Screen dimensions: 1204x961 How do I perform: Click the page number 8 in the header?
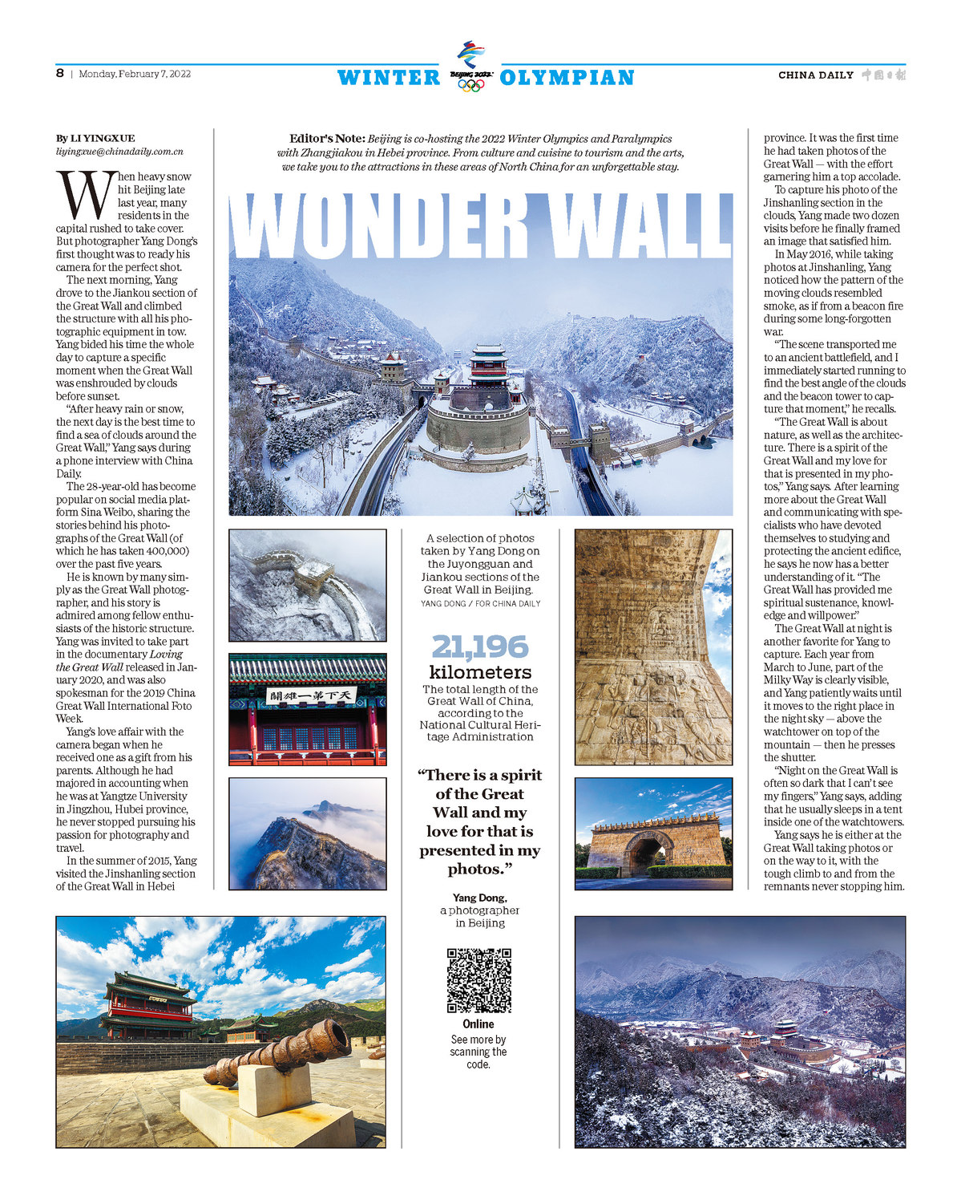click(x=60, y=73)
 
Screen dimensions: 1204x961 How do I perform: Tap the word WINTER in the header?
click(x=389, y=78)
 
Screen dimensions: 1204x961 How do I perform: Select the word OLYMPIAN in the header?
click(x=567, y=78)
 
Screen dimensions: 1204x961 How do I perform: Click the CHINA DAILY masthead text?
click(x=816, y=75)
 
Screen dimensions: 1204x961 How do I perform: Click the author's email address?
click(x=119, y=151)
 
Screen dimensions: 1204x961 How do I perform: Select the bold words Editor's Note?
click(x=327, y=139)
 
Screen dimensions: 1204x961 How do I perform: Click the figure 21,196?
click(x=480, y=647)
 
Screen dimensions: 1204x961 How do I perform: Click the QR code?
click(x=478, y=980)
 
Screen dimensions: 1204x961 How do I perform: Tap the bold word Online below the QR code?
click(x=478, y=1024)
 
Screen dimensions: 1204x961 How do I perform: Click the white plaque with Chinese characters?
click(x=313, y=695)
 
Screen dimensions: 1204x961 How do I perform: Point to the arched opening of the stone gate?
click(x=649, y=854)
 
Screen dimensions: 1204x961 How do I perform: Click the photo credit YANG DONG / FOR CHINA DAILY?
click(x=480, y=603)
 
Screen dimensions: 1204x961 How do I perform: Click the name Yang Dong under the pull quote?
click(x=479, y=898)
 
